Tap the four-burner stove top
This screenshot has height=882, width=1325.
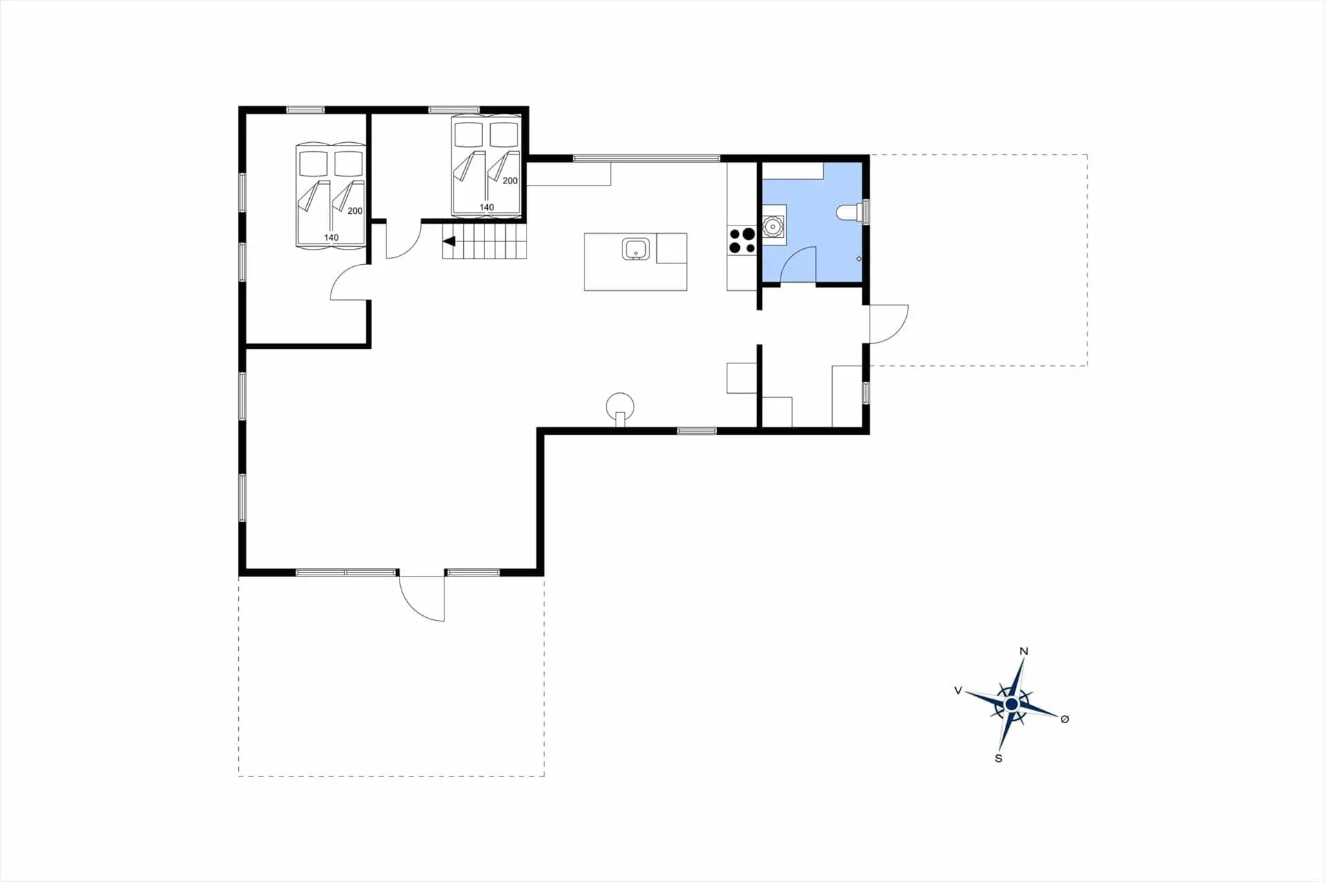point(742,241)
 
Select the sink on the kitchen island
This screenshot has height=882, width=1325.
point(635,249)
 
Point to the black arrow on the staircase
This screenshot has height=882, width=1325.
point(449,241)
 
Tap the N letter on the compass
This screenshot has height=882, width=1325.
point(1024,652)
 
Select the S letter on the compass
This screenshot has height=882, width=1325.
point(999,759)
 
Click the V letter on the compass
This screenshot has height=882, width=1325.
point(958,690)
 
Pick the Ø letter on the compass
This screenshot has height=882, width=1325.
point(1065,719)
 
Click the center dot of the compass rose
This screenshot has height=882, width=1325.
point(1011,704)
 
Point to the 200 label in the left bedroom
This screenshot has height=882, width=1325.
point(355,211)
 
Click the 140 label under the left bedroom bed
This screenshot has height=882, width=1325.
point(331,237)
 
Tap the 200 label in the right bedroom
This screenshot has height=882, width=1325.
point(510,181)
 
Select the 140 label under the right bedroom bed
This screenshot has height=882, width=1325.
point(487,207)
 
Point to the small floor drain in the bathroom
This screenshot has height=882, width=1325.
point(859,259)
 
